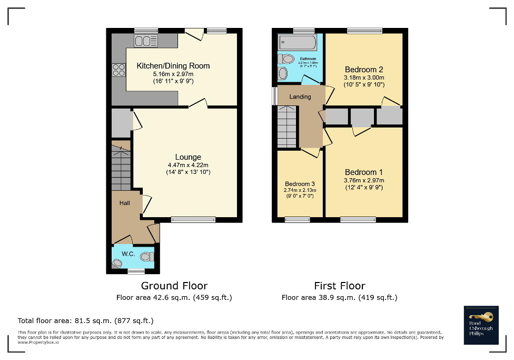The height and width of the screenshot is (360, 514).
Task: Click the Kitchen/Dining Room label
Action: click(173, 66)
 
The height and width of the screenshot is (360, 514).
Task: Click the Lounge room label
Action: click(188, 157)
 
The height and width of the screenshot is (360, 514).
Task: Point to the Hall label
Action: click(124, 203)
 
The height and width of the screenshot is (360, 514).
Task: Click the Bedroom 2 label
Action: click(363, 70)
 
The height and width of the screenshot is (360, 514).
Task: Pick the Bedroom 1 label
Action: click(363, 172)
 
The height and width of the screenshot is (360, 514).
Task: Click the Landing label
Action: click(300, 96)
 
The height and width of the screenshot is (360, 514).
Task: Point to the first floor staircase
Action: click(288, 127)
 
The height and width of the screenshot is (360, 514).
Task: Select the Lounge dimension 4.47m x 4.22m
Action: click(188, 165)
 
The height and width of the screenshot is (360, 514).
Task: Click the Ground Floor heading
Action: click(174, 286)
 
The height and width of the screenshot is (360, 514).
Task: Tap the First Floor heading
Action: click(339, 286)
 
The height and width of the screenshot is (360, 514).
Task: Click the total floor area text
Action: click(86, 320)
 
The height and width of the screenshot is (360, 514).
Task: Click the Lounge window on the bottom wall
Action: click(193, 220)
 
